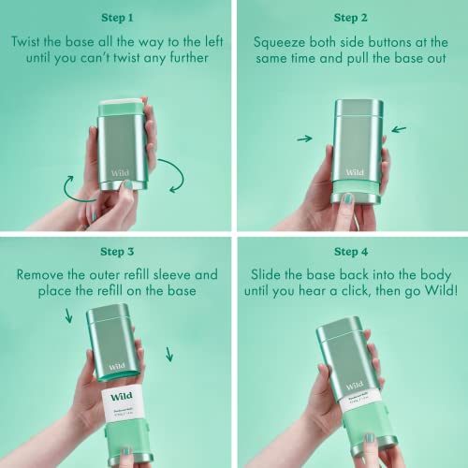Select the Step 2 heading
coord(350,18)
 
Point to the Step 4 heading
coord(350,251)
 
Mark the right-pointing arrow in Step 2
coord(304,139)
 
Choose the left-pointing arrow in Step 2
coord(399,130)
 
